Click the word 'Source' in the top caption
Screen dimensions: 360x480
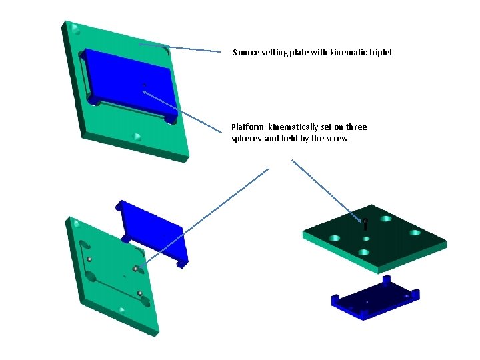[x=244, y=52]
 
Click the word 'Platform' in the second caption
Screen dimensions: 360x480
[x=247, y=127]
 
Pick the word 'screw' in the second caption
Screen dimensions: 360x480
[x=336, y=139]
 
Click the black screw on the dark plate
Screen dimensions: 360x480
[x=365, y=225]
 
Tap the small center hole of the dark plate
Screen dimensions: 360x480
[x=365, y=238]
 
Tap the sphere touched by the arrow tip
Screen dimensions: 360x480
[x=135, y=269]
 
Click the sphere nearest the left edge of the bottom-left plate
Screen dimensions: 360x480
[x=89, y=259]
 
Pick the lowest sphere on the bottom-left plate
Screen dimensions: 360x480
[x=140, y=293]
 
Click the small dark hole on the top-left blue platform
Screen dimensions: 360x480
[x=144, y=85]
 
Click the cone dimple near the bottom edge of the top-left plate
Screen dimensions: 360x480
[x=137, y=137]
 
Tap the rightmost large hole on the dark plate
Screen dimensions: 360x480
[x=415, y=233]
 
